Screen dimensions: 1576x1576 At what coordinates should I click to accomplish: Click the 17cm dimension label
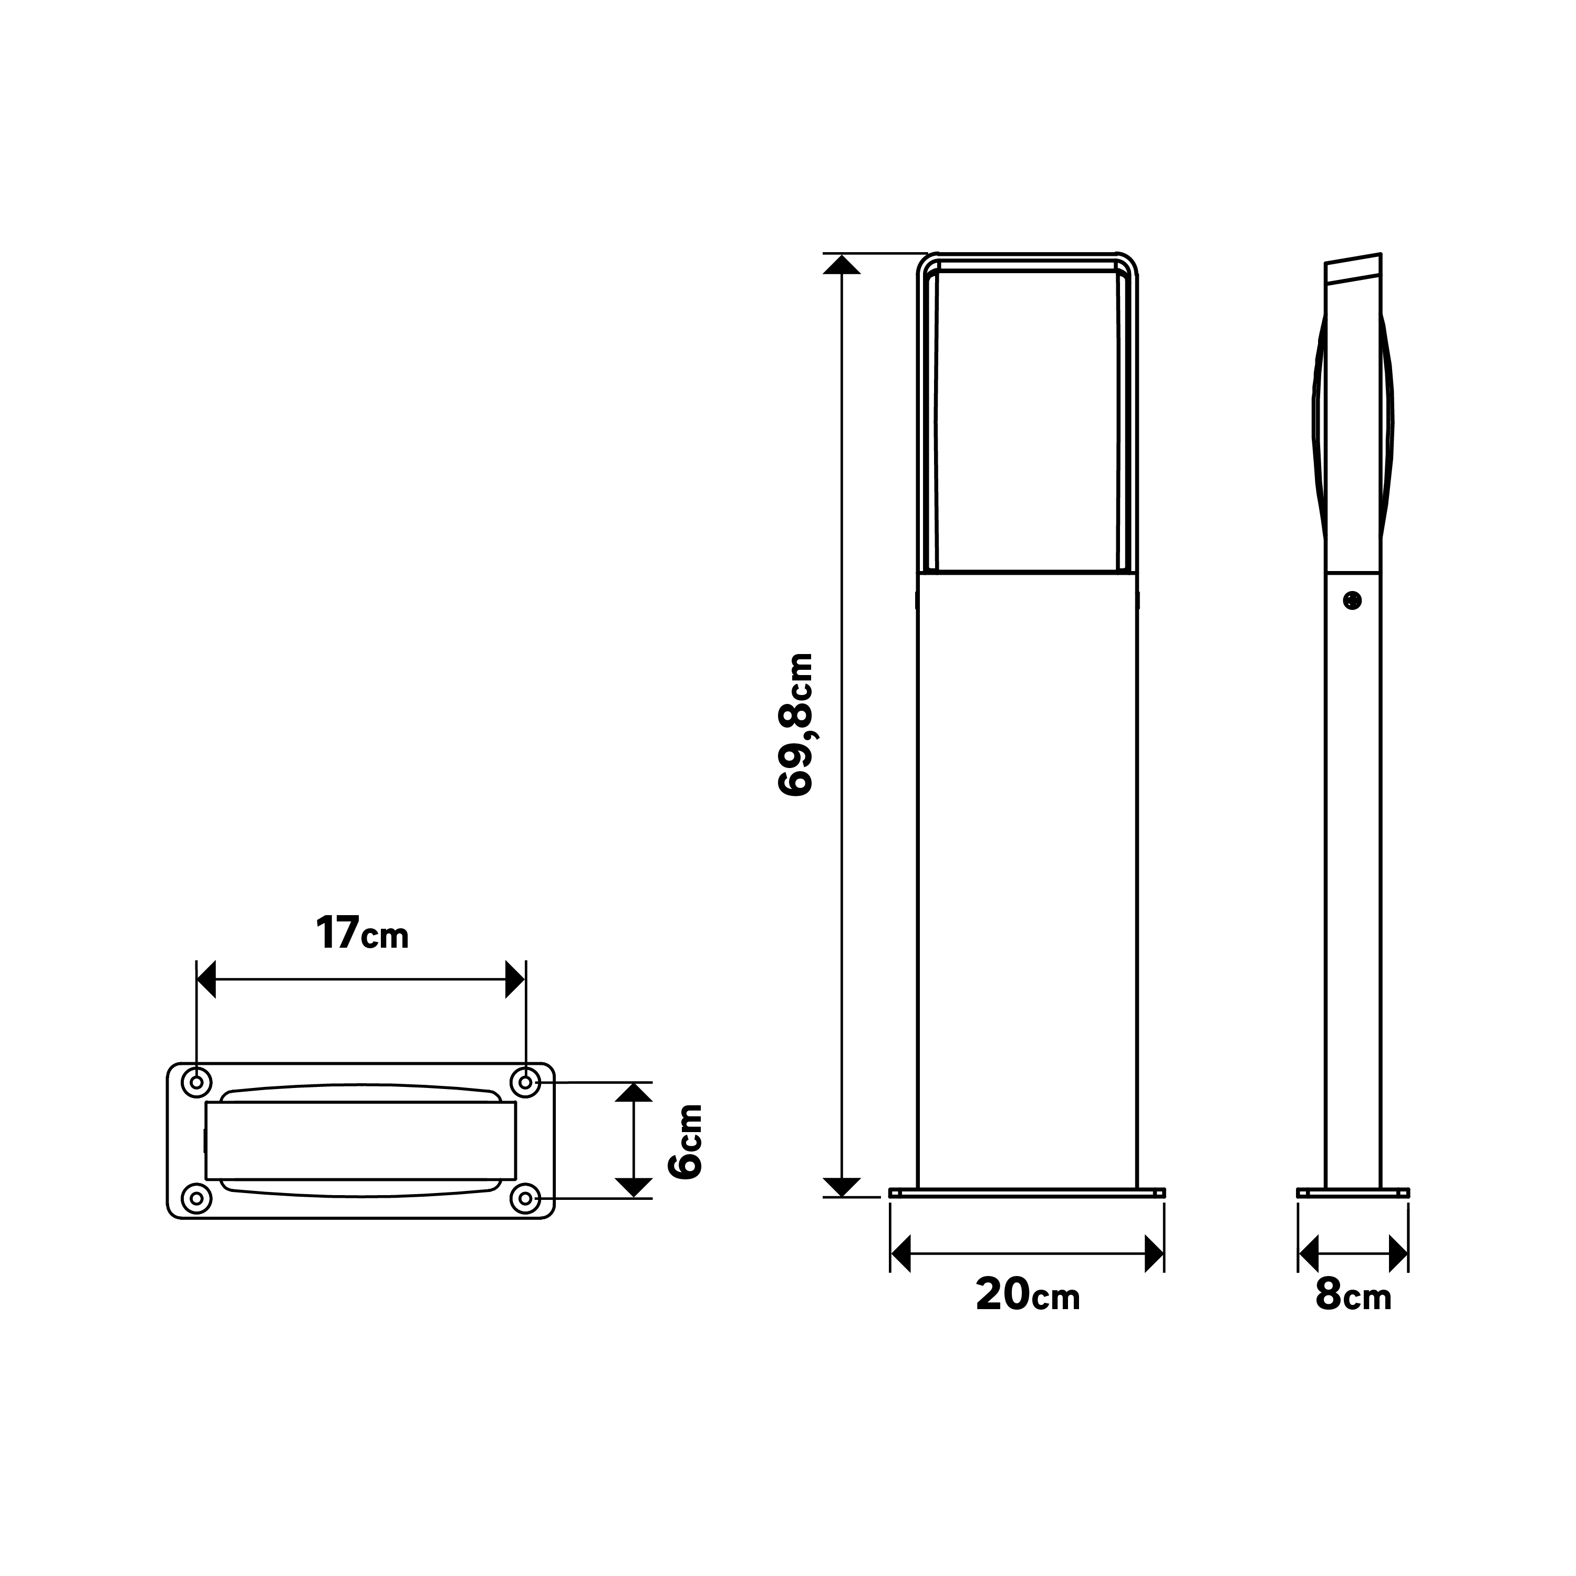click(361, 934)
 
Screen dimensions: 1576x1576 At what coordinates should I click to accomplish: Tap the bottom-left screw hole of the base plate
click(196, 1198)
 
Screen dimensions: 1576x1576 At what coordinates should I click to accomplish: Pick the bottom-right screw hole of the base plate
click(526, 1198)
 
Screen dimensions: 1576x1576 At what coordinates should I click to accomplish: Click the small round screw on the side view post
click(1353, 601)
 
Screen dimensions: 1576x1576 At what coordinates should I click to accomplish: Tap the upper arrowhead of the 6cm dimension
click(634, 1092)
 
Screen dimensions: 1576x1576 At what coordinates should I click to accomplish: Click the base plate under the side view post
click(1353, 1193)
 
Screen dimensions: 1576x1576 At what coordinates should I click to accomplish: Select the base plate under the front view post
click(1027, 1193)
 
